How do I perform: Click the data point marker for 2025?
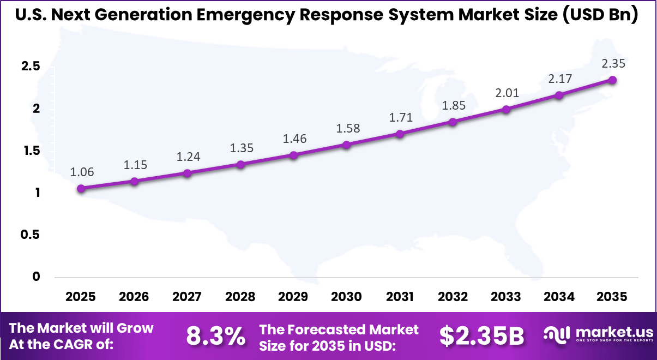click(81, 189)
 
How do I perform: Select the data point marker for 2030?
click(346, 145)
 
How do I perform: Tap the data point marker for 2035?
click(612, 80)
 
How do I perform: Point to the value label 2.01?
click(506, 93)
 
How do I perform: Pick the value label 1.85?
click(453, 106)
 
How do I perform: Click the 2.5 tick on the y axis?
click(31, 67)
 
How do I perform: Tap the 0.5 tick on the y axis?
click(31, 235)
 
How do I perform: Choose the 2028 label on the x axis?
click(240, 297)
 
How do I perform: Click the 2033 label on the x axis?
click(506, 297)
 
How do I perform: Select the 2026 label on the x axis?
click(134, 297)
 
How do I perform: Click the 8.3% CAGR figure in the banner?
click(216, 336)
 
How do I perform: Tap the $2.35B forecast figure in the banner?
click(481, 336)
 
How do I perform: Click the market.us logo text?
click(613, 332)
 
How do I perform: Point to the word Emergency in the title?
click(252, 15)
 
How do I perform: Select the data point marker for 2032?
click(453, 122)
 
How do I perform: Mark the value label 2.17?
click(559, 79)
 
